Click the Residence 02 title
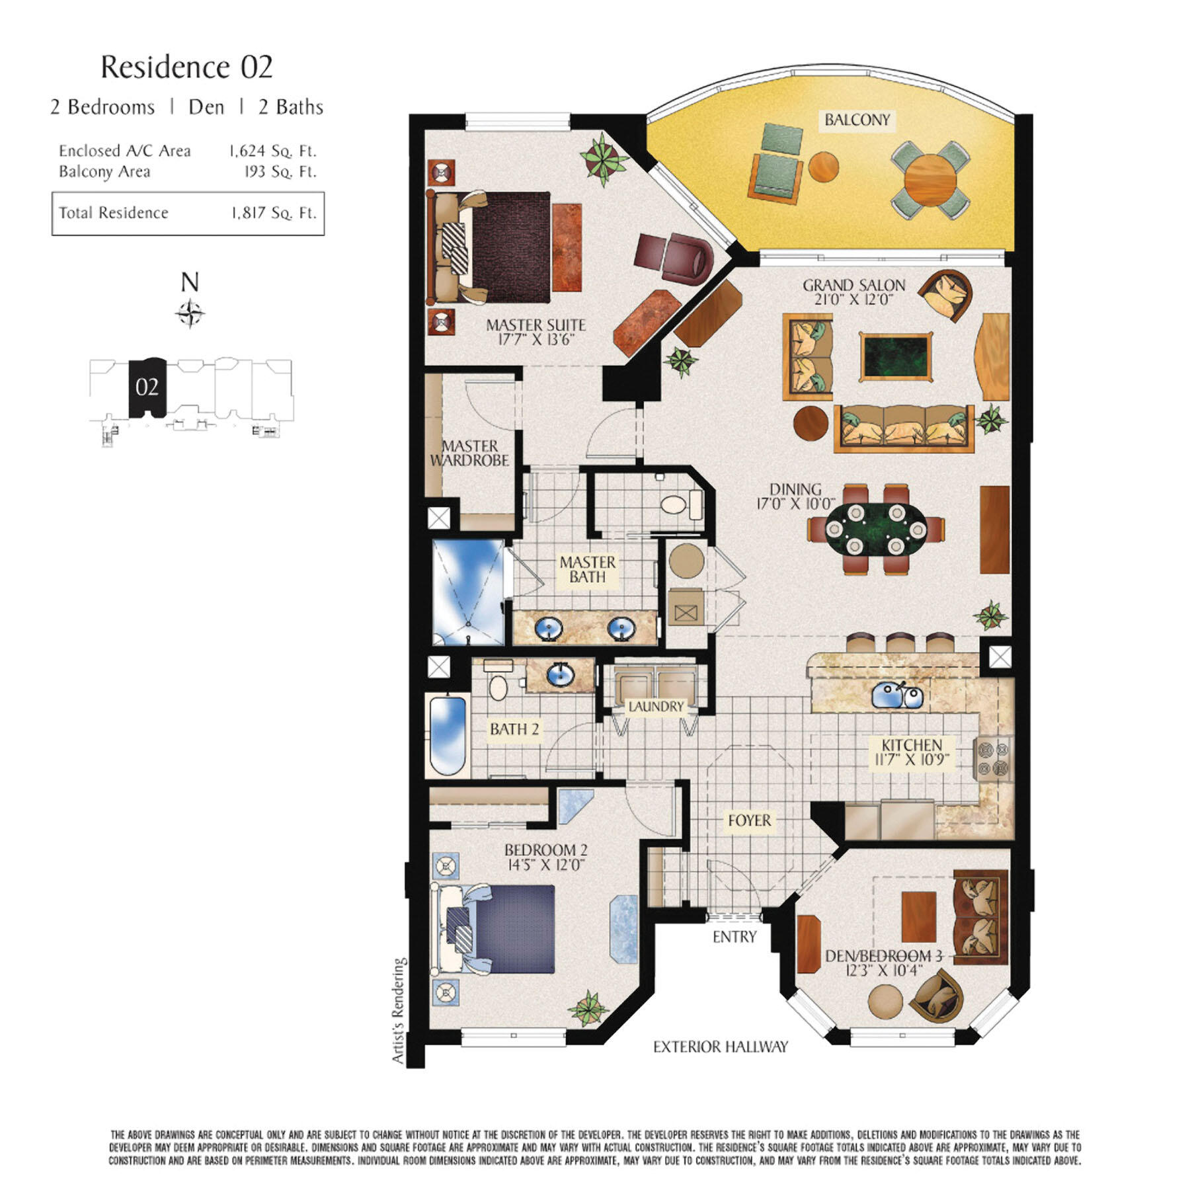coord(186,67)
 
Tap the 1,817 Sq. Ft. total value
coord(274,213)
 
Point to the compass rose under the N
coord(190,313)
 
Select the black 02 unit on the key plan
coord(147,387)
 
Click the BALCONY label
coord(857,120)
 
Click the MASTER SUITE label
coord(535,325)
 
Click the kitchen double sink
coord(897,695)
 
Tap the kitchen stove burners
coord(993,759)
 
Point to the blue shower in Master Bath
coord(468,590)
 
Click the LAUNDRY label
coord(656,707)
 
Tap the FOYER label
coord(749,820)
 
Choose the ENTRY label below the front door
coord(734,937)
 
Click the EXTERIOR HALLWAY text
coord(721,1047)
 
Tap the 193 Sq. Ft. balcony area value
coord(280,172)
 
